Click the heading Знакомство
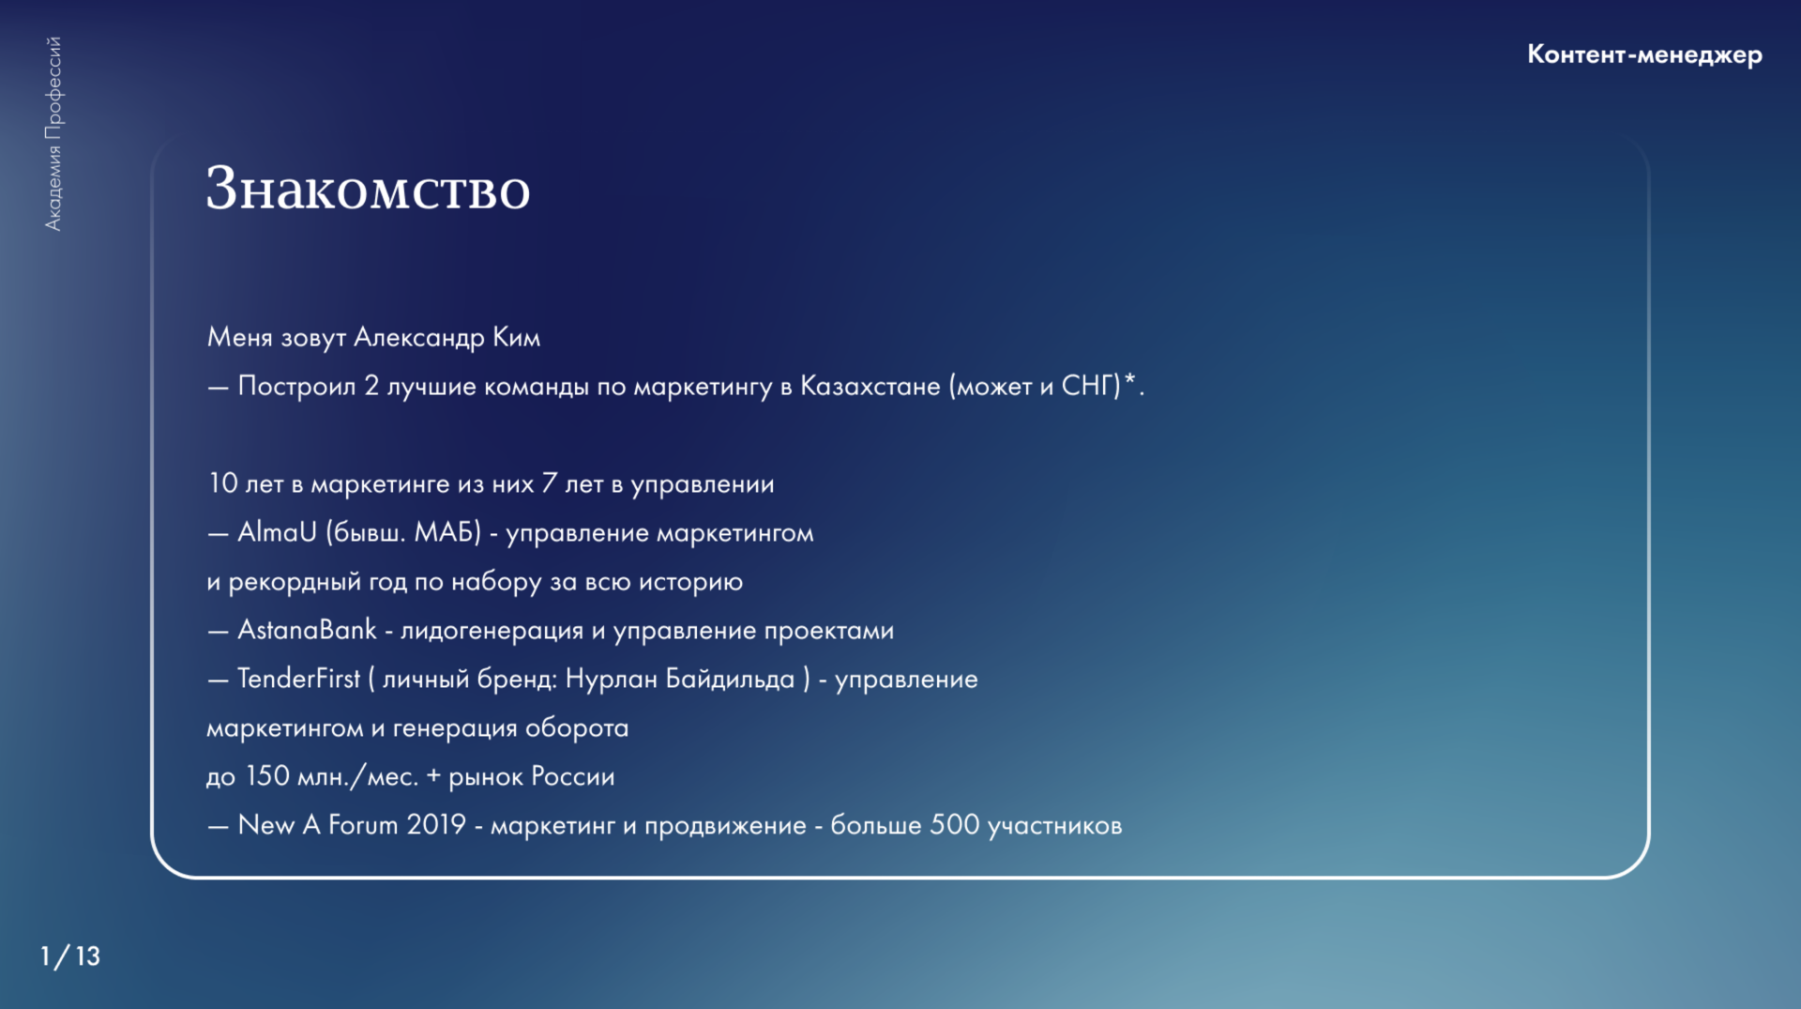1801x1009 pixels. pyautogui.click(x=368, y=189)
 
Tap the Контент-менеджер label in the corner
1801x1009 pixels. pyautogui.click(x=1644, y=54)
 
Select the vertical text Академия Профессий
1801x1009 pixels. pyautogui.click(x=53, y=133)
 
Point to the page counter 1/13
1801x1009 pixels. pyautogui.click(x=70, y=955)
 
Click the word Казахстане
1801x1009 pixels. pyautogui.click(x=870, y=386)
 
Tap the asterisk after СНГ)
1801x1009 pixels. pyautogui.click(x=1130, y=380)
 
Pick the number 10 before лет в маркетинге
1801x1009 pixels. pyautogui.click(x=223, y=483)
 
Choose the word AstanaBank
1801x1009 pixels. pyautogui.click(x=307, y=630)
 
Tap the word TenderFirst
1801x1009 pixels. pyautogui.click(x=298, y=679)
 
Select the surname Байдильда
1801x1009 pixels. pyautogui.click(x=730, y=679)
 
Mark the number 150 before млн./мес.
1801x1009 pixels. pyautogui.click(x=267, y=776)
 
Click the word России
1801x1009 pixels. pyautogui.click(x=572, y=776)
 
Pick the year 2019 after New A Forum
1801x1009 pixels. pyautogui.click(x=436, y=825)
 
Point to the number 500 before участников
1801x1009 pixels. pyautogui.click(x=954, y=825)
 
